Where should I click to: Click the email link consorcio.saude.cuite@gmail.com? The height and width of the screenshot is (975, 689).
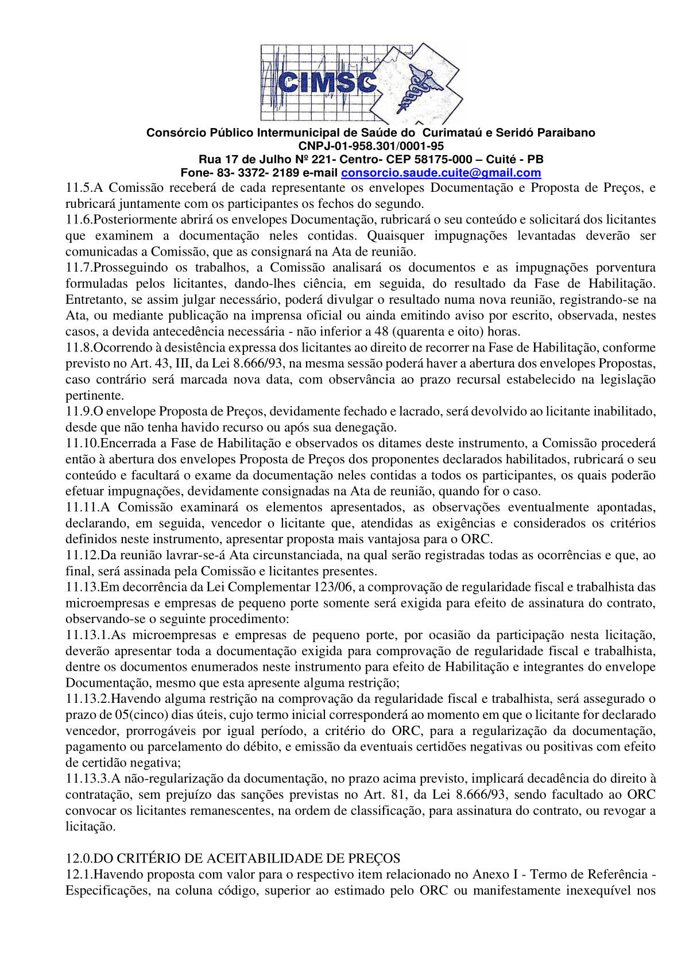[x=441, y=173]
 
